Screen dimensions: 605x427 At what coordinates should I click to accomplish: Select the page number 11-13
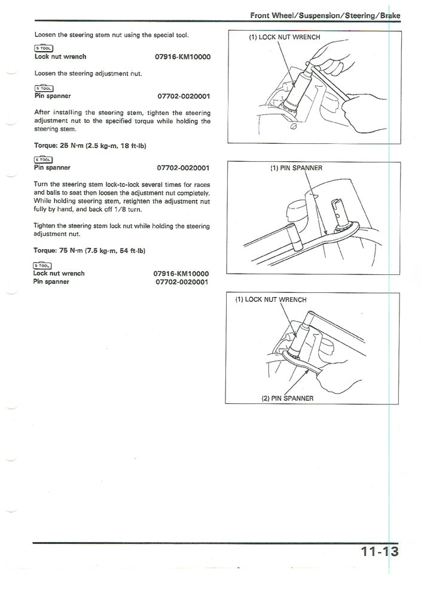tap(379, 551)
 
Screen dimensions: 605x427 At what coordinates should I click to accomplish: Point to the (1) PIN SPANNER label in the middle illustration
tap(296, 168)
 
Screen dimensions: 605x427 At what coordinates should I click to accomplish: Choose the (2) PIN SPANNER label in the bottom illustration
tap(287, 398)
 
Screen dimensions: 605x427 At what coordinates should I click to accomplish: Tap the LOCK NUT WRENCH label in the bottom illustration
tap(270, 300)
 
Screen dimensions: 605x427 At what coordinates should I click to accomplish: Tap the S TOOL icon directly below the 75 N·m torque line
tap(42, 265)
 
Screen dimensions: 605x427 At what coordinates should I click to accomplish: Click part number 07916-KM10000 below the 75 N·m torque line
tap(181, 273)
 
